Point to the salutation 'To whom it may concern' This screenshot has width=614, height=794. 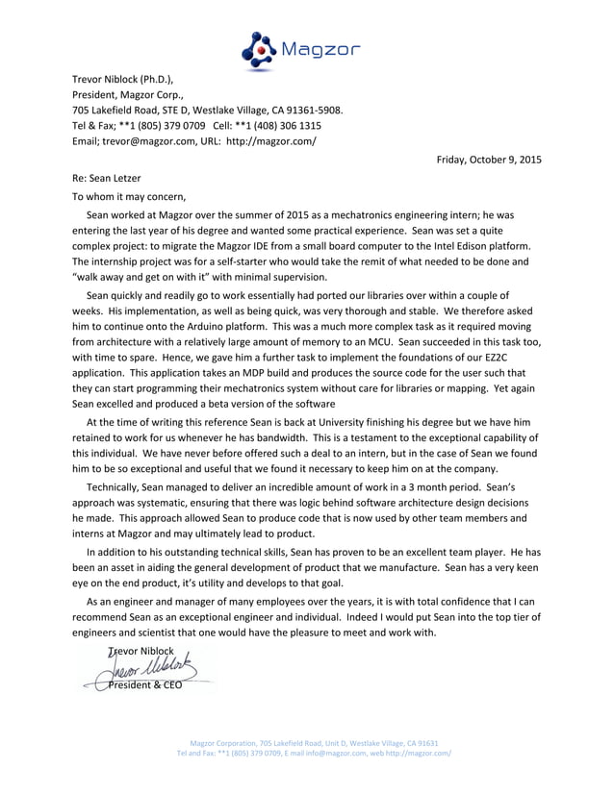point(129,196)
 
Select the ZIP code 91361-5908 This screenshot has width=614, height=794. point(313,110)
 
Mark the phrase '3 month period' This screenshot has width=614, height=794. point(415,487)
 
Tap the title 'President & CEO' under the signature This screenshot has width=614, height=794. point(144,684)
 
